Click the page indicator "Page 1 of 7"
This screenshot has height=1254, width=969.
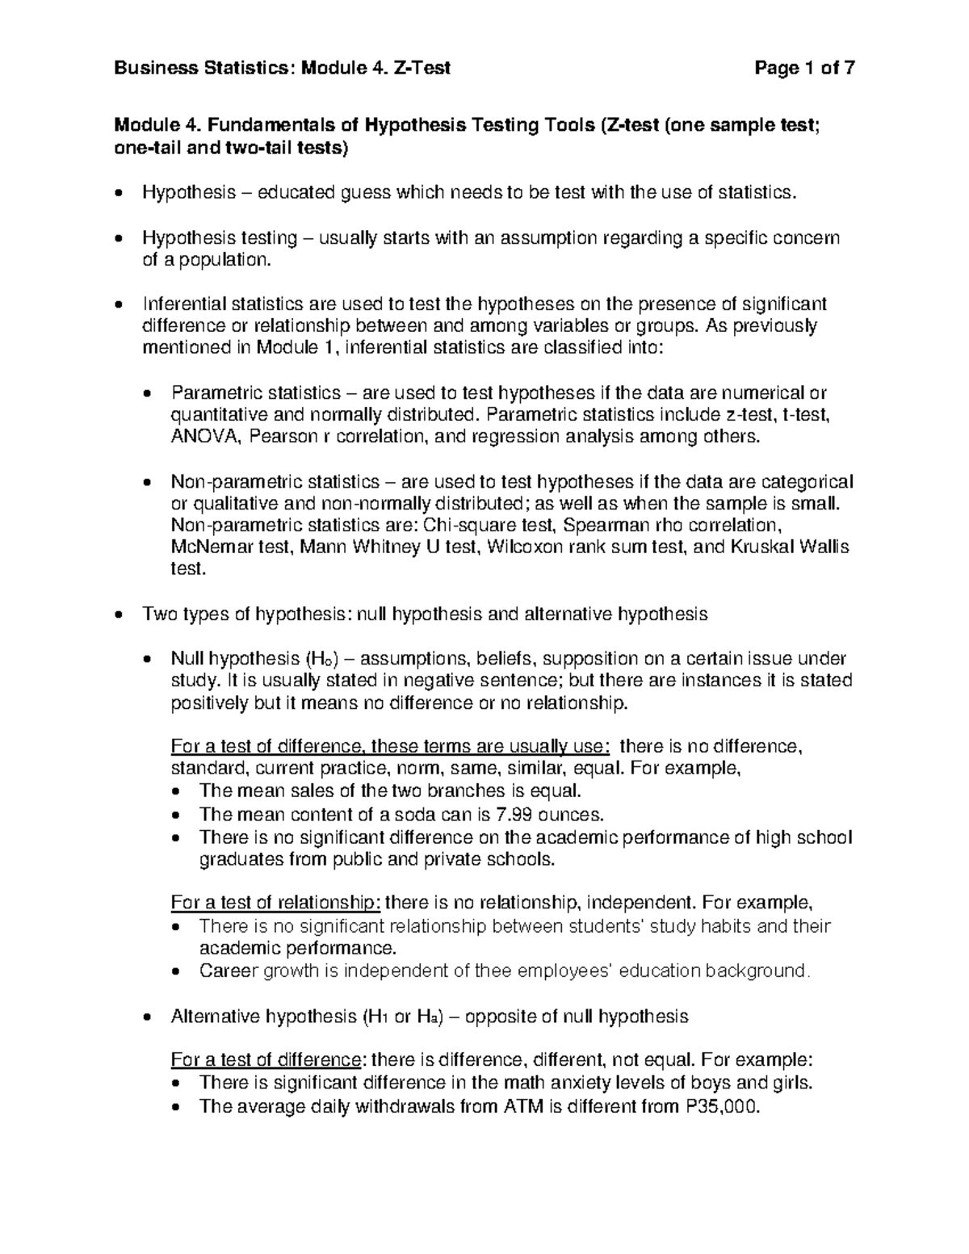point(803,69)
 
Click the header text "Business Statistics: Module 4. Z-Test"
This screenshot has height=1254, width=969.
point(282,69)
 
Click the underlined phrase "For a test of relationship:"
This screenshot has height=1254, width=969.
point(275,902)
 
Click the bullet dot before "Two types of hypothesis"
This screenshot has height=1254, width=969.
point(120,615)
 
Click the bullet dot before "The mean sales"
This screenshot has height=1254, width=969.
point(178,792)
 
